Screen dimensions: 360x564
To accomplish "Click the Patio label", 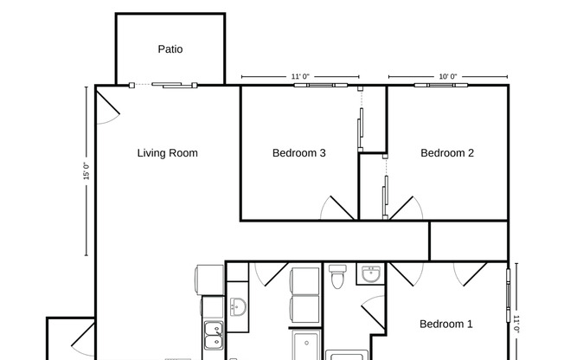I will coord(170,49).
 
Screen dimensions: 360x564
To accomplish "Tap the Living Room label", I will coord(168,153).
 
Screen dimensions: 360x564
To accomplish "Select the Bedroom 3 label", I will coord(299,153).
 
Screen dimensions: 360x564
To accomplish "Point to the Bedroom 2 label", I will coord(447,153).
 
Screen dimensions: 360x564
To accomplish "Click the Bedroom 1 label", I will coord(446,325).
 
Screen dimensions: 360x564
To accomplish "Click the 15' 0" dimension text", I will coord(86,171).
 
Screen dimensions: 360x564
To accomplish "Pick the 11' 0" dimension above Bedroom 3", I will coord(300,77).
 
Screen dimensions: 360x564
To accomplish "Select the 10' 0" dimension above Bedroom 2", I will coord(447,77).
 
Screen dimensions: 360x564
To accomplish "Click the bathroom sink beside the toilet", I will coord(371,275).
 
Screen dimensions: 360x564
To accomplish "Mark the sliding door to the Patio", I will coord(163,85).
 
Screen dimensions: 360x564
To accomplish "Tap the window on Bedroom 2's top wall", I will coord(441,85).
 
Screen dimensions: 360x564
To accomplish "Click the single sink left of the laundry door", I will coord(238,305).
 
